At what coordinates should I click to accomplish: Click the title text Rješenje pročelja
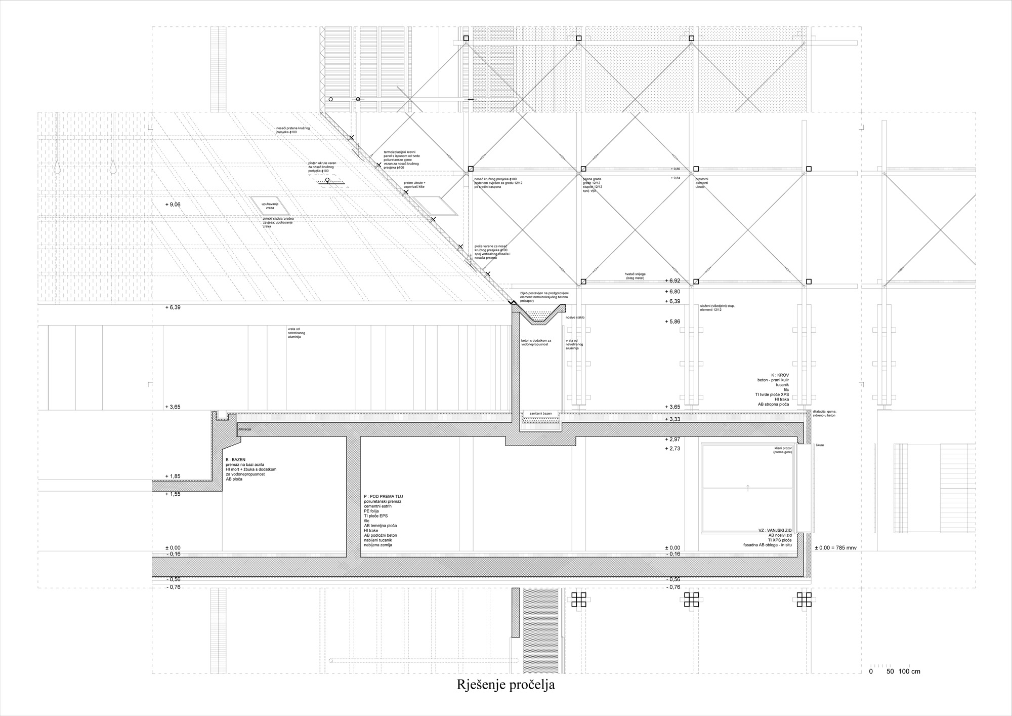(506, 685)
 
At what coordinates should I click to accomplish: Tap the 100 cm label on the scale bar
(909, 672)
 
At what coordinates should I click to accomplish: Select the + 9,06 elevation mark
(173, 205)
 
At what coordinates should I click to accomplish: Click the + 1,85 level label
(173, 476)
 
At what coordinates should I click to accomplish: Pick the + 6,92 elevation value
(672, 281)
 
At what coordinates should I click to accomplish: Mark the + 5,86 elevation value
(672, 322)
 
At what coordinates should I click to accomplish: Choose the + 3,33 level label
(672, 419)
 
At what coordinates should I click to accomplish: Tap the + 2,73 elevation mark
(672, 449)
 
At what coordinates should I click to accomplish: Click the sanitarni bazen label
(540, 414)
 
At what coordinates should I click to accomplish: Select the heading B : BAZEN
(235, 460)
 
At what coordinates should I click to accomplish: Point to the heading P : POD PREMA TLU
(383, 497)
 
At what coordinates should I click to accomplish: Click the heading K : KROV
(780, 375)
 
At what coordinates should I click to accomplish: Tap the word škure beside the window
(820, 445)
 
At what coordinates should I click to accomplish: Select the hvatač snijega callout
(635, 276)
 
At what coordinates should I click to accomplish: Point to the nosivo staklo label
(575, 317)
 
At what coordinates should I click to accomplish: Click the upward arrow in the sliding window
(748, 488)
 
